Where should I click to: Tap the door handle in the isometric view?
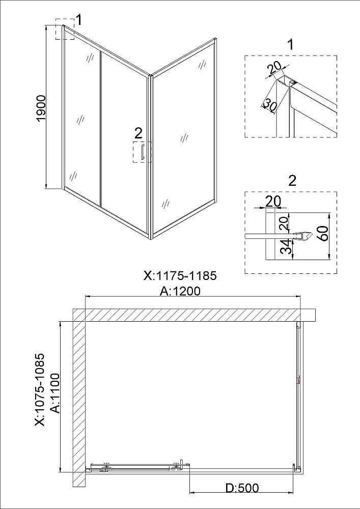pos(142,152)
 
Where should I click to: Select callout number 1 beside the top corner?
pos(79,20)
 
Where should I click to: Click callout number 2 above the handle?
pos(139,133)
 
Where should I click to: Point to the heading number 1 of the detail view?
pos(291,44)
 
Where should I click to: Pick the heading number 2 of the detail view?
pos(292,181)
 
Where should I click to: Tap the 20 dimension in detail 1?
pos(274,69)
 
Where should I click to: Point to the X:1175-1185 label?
pos(180,275)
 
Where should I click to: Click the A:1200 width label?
pos(180,291)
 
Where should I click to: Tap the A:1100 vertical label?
pos(56,393)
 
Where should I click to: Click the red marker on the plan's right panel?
pos(298,380)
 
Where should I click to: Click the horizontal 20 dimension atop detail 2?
pos(273,201)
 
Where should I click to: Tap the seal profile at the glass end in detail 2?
pos(302,236)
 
